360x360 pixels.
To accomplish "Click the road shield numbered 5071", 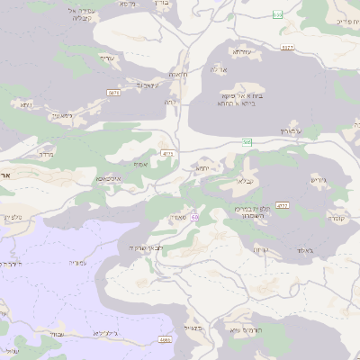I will coord(113,92).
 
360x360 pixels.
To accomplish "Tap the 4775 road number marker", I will coord(168,154).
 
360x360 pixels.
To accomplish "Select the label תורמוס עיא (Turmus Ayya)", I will coord(245,331).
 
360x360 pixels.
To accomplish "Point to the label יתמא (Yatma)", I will coord(202,167).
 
